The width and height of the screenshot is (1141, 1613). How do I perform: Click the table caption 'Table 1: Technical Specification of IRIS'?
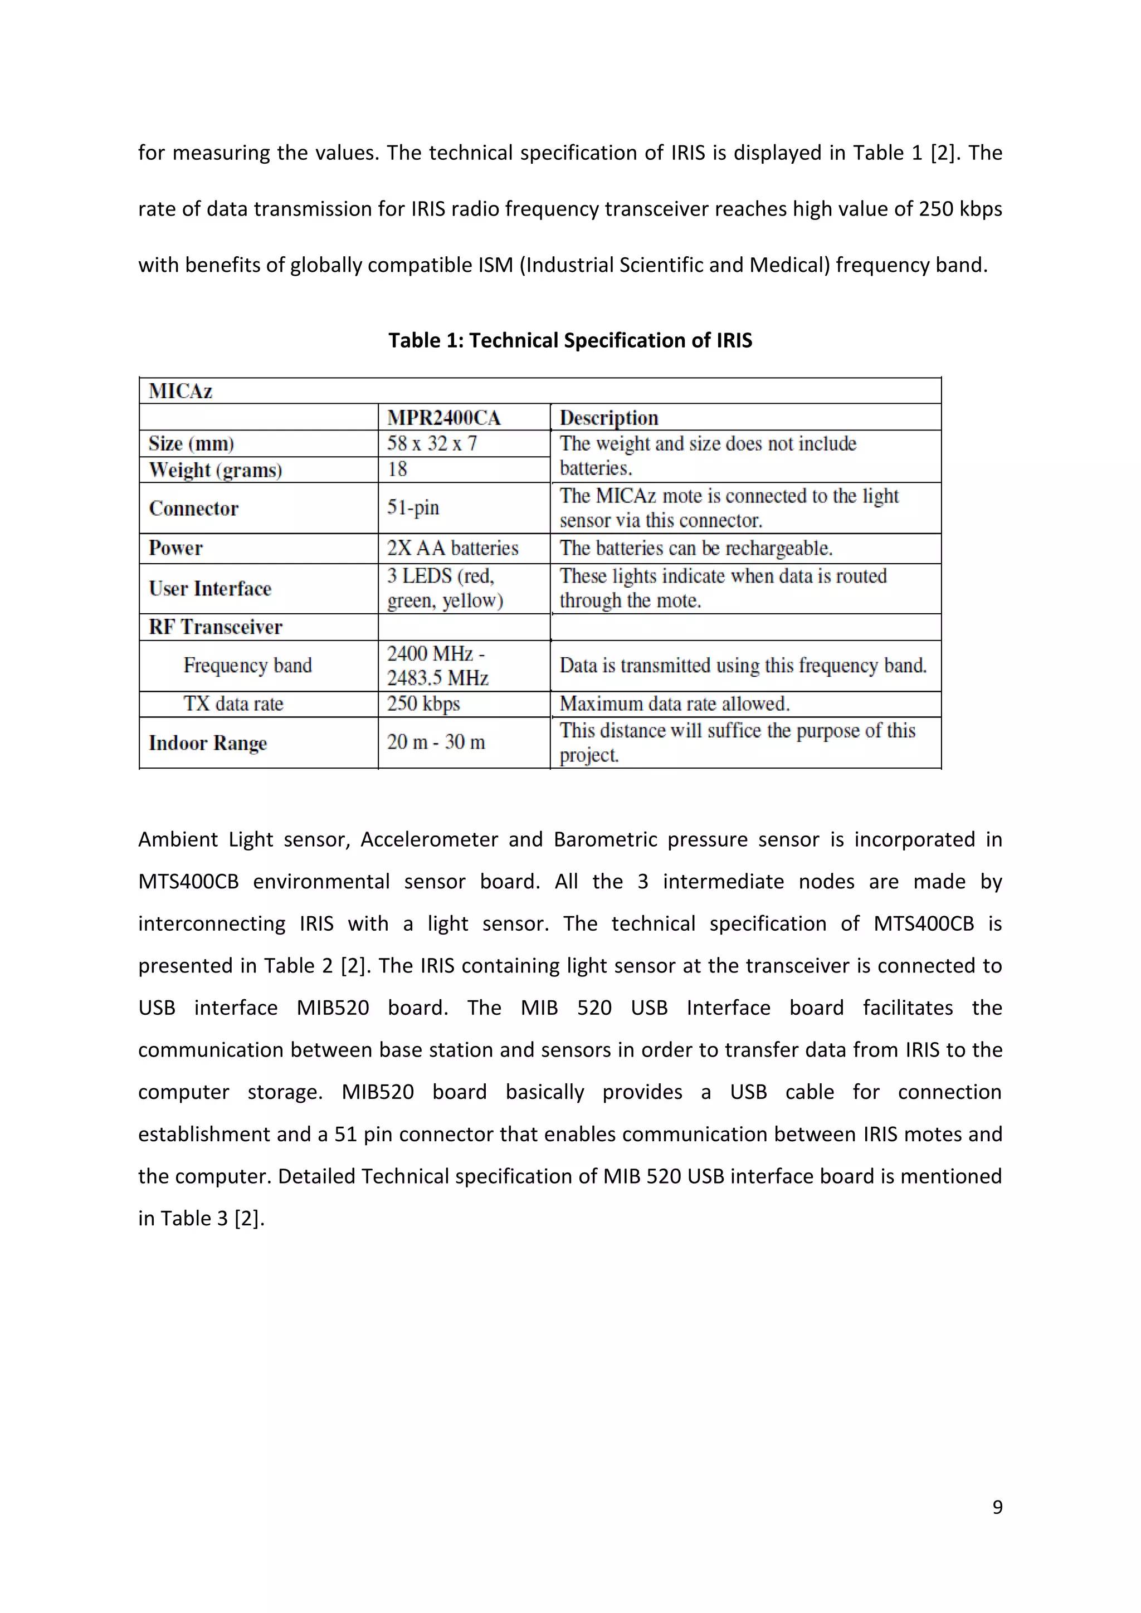click(x=570, y=341)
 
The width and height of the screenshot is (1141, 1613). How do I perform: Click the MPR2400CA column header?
click(x=443, y=418)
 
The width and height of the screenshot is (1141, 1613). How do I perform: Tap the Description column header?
click(x=608, y=418)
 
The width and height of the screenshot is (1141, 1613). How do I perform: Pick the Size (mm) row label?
click(x=191, y=444)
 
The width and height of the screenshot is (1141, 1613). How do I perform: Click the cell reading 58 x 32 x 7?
click(x=431, y=444)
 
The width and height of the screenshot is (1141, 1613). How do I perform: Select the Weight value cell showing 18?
click(x=397, y=470)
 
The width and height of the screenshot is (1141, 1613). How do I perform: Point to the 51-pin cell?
click(x=413, y=507)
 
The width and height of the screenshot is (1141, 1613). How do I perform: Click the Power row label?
click(x=175, y=548)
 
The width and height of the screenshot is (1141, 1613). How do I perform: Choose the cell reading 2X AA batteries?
click(x=452, y=548)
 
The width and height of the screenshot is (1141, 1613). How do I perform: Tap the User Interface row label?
click(x=210, y=589)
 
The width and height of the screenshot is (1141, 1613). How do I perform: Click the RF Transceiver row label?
click(x=215, y=627)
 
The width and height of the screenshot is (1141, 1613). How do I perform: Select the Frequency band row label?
click(x=247, y=665)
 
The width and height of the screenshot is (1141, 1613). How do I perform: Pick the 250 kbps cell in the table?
click(x=423, y=704)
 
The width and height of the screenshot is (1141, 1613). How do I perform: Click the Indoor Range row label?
click(x=208, y=742)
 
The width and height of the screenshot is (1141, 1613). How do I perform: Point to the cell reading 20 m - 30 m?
click(x=436, y=742)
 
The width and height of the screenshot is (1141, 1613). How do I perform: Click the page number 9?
click(x=997, y=1507)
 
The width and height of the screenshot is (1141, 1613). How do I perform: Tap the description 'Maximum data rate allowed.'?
click(x=675, y=704)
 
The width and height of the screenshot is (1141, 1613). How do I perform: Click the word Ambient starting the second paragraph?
click(x=178, y=839)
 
